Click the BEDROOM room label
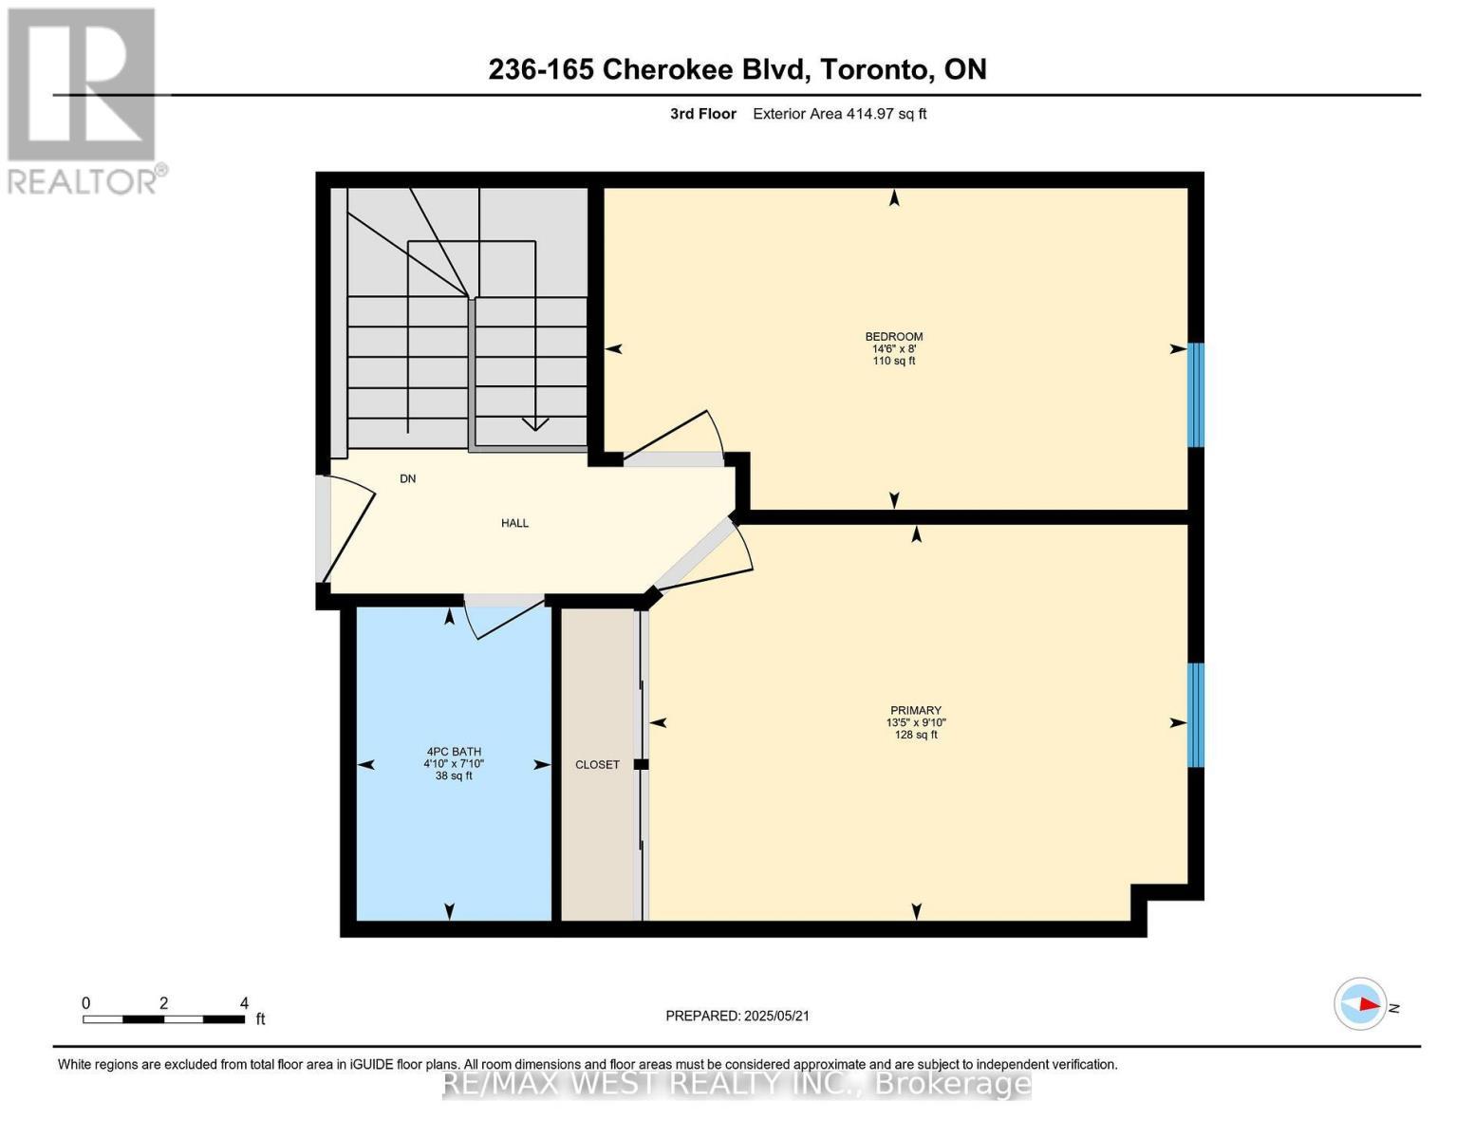pos(893,337)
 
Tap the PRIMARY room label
pos(915,710)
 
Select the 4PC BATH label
pos(454,752)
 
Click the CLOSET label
pos(597,764)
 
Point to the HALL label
pos(514,523)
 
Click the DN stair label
pos(407,478)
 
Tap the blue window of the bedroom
pos(1196,394)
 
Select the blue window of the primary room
pos(1196,715)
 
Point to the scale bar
pos(163,1019)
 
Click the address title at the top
pos(737,69)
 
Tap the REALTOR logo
pos(83,100)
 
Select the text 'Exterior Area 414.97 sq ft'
pos(839,114)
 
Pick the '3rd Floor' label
pos(702,114)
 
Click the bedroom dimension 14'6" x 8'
pos(893,348)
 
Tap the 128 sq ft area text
pos(915,735)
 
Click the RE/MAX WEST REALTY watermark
pos(737,1083)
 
